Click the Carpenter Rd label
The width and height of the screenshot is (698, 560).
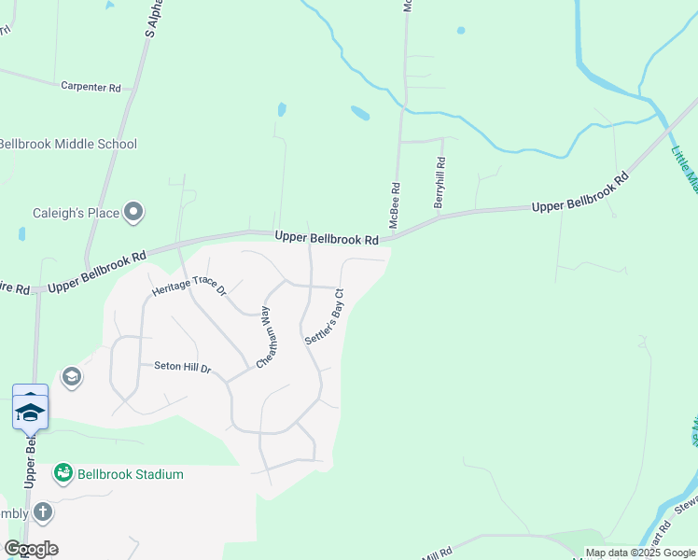[91, 87]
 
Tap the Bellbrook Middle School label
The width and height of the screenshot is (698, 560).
[67, 144]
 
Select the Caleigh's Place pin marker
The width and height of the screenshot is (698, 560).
[133, 213]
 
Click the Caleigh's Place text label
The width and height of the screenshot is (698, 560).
[77, 213]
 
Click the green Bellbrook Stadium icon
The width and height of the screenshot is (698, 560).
[63, 473]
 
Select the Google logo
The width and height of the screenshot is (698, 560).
[31, 549]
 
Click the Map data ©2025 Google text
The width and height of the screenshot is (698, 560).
[641, 553]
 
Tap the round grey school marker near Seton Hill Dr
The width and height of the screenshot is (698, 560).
[70, 377]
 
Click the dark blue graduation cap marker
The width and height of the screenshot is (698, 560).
[30, 412]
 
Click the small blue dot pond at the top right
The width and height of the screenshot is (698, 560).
[461, 31]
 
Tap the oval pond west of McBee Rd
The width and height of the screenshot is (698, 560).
[359, 113]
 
